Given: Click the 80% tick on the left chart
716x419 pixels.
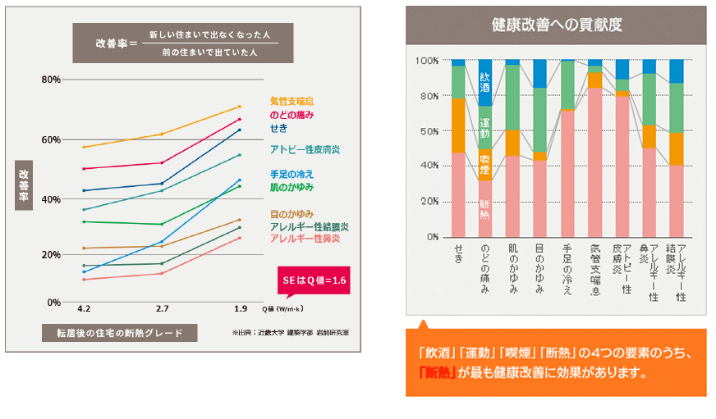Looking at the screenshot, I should click(x=51, y=80).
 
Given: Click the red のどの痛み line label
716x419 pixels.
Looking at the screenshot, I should click(x=291, y=116).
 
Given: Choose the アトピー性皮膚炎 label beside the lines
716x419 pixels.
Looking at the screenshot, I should click(x=305, y=150).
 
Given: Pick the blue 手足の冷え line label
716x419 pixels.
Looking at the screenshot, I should click(x=291, y=174).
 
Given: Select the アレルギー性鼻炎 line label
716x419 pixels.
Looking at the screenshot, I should click(x=305, y=238).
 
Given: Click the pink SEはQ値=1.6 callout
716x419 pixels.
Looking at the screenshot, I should click(x=314, y=281).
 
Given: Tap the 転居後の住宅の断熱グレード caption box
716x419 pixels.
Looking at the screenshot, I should click(x=121, y=332).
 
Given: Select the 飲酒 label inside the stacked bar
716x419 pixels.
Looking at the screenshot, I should click(x=484, y=80).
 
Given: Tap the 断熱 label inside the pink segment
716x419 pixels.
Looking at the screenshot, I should click(x=484, y=209).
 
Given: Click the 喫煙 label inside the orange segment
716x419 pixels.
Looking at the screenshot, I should click(x=484, y=164).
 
